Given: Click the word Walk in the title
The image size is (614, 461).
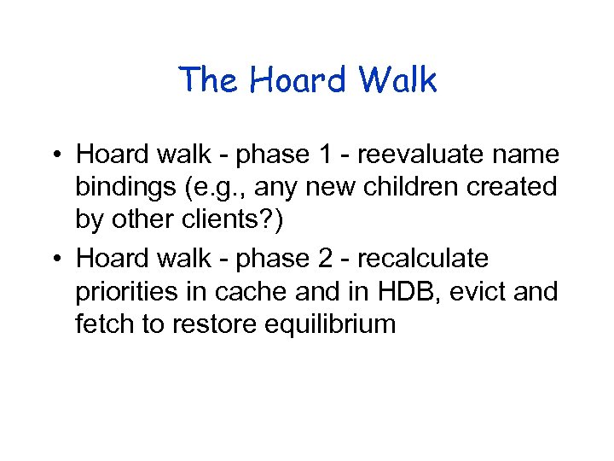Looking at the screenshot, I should click(397, 81).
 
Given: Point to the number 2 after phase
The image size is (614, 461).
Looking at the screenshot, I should click(327, 258).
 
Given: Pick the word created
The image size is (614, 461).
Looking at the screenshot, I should click(517, 186).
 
